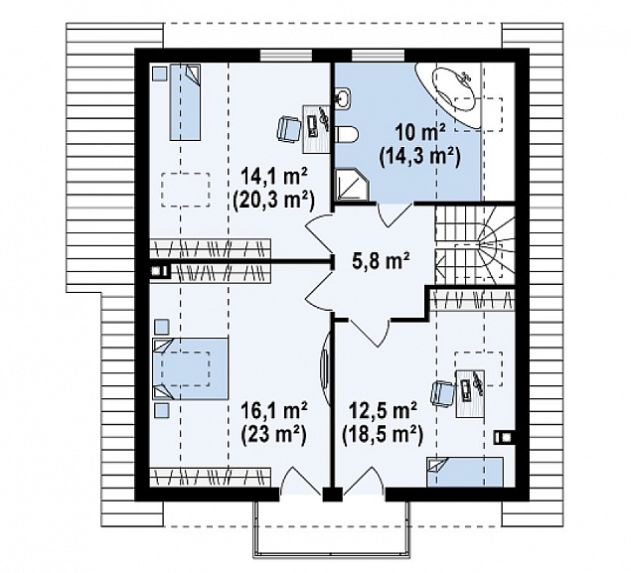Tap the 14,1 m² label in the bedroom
(x=274, y=176)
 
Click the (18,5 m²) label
(x=383, y=434)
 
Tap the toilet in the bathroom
(x=345, y=134)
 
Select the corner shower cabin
(x=352, y=185)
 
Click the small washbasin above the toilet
(x=343, y=97)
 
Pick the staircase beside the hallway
(x=475, y=244)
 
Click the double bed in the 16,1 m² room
(x=191, y=368)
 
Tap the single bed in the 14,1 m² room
(x=185, y=102)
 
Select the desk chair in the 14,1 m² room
(x=288, y=129)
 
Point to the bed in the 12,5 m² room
(x=465, y=472)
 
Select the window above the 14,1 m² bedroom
(x=286, y=55)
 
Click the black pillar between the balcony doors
(x=333, y=495)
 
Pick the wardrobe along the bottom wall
(x=210, y=477)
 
